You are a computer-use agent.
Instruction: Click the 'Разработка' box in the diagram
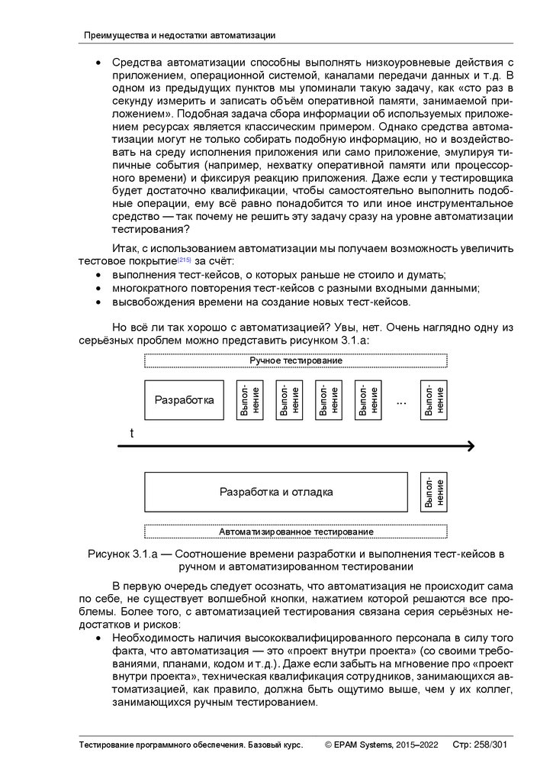click(x=184, y=400)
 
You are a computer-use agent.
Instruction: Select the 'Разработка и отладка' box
click(x=276, y=492)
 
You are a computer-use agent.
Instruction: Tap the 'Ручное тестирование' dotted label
click(x=296, y=360)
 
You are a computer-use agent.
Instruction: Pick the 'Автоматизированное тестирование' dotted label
click(x=296, y=532)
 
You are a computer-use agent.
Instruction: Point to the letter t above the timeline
click(x=132, y=433)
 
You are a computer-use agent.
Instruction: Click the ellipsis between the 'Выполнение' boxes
click(x=402, y=401)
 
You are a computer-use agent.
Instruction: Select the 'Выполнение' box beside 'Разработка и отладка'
click(x=434, y=492)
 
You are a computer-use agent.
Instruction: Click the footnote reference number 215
click(x=184, y=259)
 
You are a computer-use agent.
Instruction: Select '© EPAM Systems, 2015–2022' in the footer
click(x=381, y=745)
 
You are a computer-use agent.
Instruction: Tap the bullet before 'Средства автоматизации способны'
click(x=98, y=62)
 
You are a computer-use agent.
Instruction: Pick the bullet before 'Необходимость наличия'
click(x=98, y=637)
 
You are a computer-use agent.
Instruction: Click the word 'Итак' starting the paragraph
click(x=125, y=248)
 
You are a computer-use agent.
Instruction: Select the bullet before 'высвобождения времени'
click(x=98, y=302)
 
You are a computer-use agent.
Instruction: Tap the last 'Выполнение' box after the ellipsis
click(x=434, y=400)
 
